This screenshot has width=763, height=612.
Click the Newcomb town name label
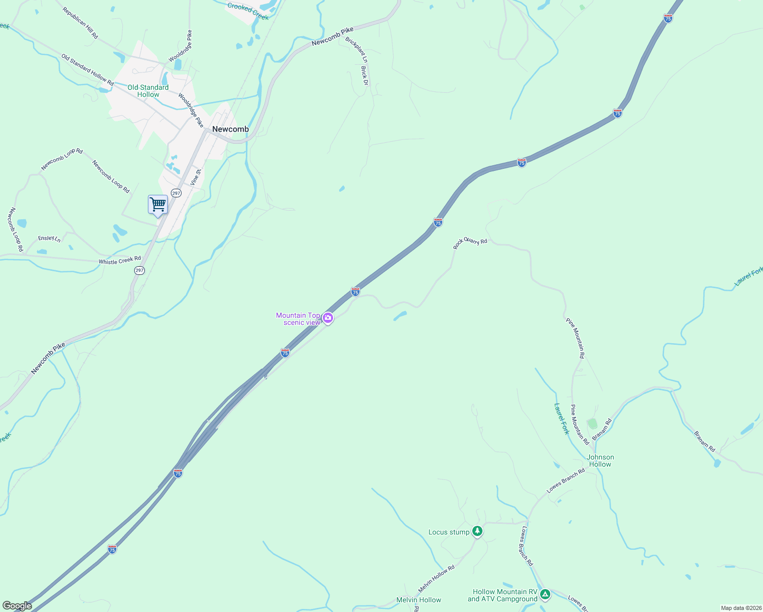click(231, 129)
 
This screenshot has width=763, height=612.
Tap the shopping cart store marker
click(158, 205)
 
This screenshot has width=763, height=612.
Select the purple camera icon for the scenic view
click(328, 318)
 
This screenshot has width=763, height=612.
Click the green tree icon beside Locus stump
click(477, 531)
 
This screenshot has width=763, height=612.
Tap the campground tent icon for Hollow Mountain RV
click(545, 594)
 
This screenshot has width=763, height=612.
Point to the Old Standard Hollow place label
click(148, 91)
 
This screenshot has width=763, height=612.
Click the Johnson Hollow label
click(600, 461)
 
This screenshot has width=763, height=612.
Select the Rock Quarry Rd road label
click(470, 243)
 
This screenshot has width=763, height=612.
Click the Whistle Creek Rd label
click(119, 261)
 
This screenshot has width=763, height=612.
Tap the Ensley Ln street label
click(49, 238)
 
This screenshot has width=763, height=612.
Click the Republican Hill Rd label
click(80, 23)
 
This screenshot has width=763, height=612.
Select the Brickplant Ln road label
click(356, 50)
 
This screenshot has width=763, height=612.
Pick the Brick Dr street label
click(364, 75)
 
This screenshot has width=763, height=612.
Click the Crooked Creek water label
click(248, 11)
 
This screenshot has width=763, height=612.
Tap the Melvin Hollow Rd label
click(436, 578)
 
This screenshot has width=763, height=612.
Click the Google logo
click(17, 606)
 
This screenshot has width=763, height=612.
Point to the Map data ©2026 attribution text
click(741, 608)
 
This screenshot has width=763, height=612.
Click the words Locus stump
click(449, 532)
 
